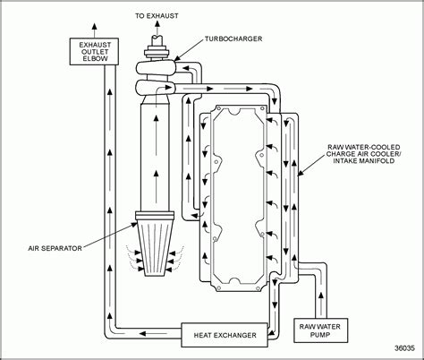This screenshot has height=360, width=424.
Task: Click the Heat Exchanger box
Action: (225, 335)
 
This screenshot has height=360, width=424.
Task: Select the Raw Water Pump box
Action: (320, 330)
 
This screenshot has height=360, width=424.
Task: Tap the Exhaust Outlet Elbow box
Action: (94, 51)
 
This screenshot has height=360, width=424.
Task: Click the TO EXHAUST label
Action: (157, 16)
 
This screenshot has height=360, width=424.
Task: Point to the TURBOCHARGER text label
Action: (233, 39)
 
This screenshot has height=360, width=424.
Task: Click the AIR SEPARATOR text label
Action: (55, 248)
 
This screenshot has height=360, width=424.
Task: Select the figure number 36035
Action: (404, 348)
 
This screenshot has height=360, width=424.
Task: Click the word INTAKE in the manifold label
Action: (345, 161)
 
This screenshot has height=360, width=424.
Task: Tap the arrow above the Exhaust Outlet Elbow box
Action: (95, 30)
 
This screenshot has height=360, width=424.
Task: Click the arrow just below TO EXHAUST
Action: (157, 29)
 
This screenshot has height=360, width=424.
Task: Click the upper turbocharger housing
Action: (156, 69)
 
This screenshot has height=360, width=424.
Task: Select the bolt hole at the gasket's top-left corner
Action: (218, 107)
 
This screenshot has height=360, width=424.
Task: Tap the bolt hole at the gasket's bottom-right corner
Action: (259, 288)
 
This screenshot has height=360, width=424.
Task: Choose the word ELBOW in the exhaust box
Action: (95, 58)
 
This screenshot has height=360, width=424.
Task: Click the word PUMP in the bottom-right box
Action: (320, 335)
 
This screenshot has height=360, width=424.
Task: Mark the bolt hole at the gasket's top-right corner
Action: (262, 107)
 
